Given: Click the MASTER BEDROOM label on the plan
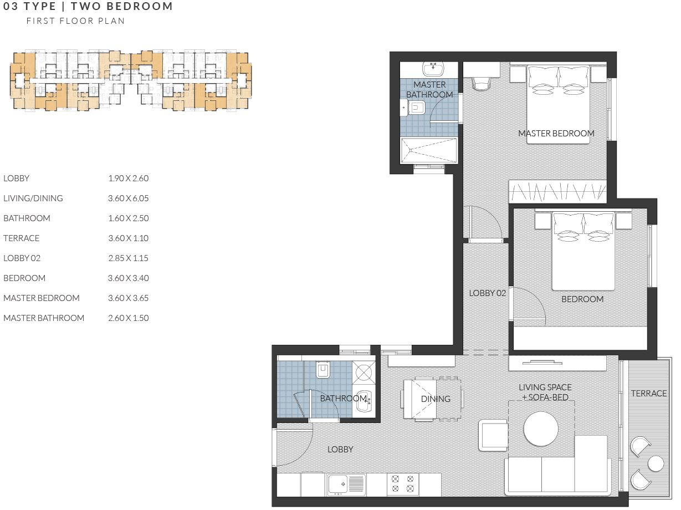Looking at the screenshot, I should pos(556,133).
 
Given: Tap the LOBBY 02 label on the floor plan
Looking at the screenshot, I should pos(488,293).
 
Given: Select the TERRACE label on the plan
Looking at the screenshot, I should pos(648,393).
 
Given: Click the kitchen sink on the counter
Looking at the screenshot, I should pos(346,484).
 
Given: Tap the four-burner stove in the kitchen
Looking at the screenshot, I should pos(403,484).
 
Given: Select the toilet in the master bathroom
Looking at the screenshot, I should pos(417,108).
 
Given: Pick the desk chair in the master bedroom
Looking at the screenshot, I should pos(482,83).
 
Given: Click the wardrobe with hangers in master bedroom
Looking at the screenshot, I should pos(557,192).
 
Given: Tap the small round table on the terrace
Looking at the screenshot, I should pos(656,463).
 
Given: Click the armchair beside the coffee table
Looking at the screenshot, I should pos(493,435).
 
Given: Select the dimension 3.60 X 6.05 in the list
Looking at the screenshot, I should pos(129,198).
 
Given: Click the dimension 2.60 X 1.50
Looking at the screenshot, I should pos(129,318).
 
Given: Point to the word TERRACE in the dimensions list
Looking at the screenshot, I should pos(22,238).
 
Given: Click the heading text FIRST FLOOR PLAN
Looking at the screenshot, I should pos(76,21).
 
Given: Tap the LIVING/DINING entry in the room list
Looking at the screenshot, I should pos(33,198).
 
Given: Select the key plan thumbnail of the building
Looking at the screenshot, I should pos(131,81).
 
